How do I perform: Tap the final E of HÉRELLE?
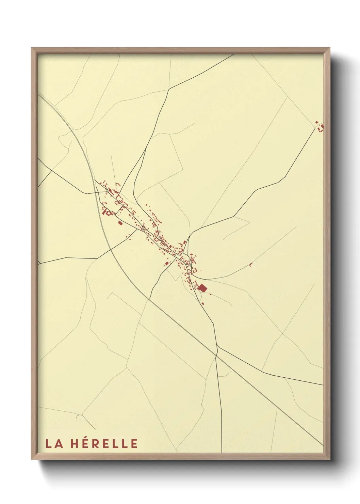point(134,444)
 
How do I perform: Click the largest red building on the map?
point(202,288)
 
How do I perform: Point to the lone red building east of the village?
point(251,264)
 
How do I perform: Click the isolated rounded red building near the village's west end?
point(120,223)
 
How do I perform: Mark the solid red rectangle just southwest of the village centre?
point(166,263)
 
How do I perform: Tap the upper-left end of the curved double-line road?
point(38,95)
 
